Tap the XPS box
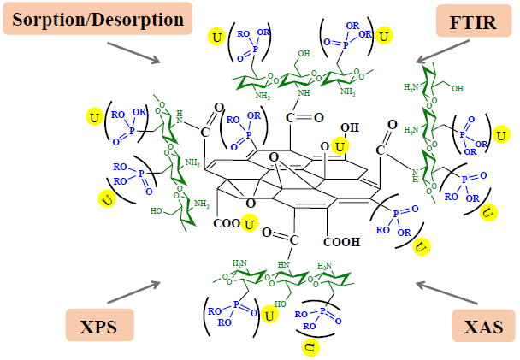[x=100, y=327]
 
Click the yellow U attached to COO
[x=250, y=224]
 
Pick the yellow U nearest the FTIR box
[x=386, y=37]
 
